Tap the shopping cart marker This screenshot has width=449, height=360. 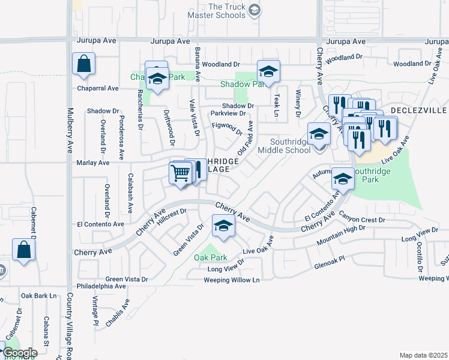pos(181,173)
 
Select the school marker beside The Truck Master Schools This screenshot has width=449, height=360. pos(255,10)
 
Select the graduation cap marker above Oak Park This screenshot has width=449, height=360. pos(223,226)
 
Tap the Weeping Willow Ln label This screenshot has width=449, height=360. pos(231,280)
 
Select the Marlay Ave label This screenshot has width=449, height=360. pos(92,163)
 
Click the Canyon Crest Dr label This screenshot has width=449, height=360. pos(361,220)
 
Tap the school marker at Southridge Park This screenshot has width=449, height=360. pos(343,178)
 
